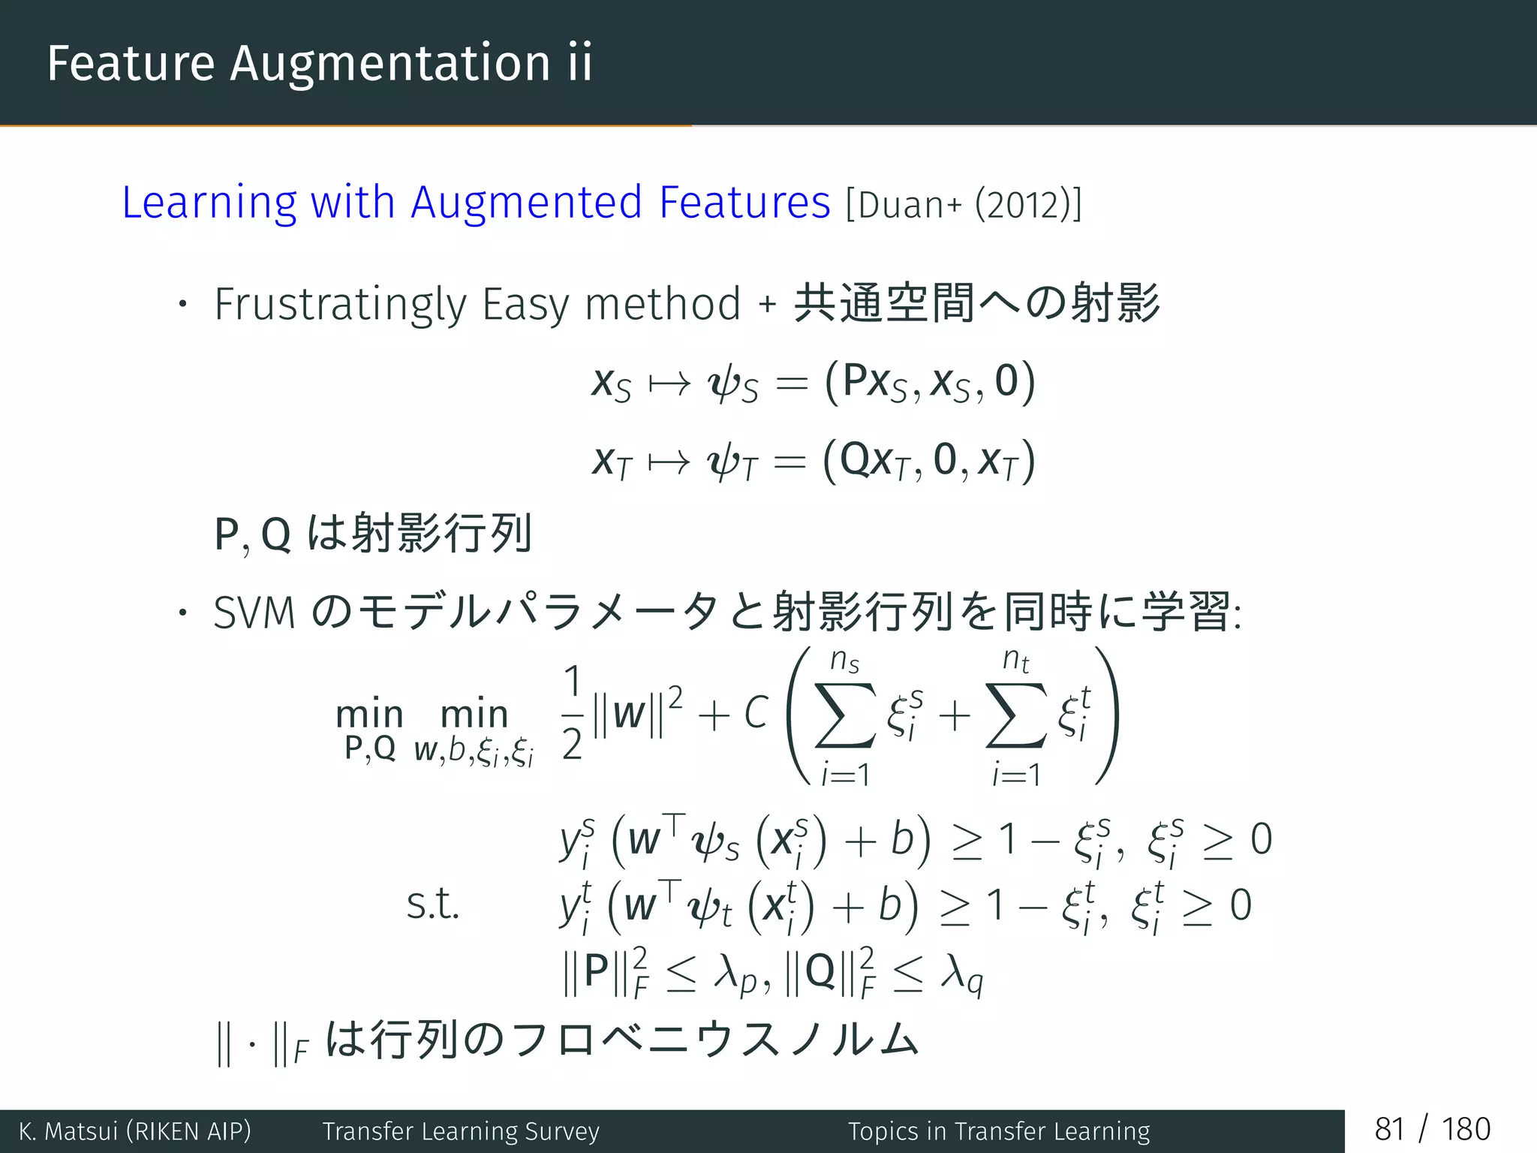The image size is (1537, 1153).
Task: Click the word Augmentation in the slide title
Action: (x=390, y=63)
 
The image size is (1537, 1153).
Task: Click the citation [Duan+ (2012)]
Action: (x=964, y=204)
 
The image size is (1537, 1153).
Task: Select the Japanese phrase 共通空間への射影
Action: (x=976, y=303)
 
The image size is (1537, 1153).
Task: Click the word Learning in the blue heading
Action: (x=209, y=203)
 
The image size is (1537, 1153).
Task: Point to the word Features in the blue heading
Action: (x=744, y=203)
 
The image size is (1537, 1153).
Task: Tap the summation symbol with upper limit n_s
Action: (x=845, y=715)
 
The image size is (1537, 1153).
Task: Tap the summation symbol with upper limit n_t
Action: (x=1015, y=715)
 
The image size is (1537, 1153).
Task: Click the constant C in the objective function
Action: (x=756, y=712)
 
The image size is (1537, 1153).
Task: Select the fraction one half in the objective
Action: (x=572, y=712)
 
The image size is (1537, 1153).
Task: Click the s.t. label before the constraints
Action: (x=432, y=905)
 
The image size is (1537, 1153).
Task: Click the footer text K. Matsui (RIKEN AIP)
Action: (x=135, y=1131)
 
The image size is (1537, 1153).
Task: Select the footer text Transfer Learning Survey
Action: (x=461, y=1131)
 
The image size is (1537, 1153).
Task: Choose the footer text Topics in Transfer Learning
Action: (x=999, y=1131)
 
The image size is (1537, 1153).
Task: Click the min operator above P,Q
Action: (x=369, y=714)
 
